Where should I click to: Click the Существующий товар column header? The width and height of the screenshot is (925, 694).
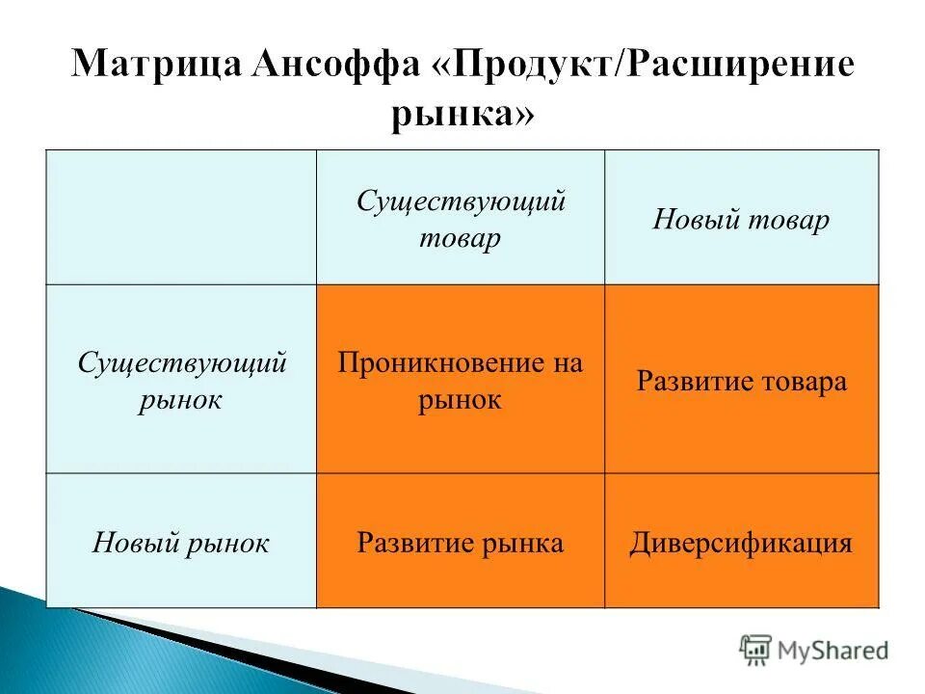point(461,219)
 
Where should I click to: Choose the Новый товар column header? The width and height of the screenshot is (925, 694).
point(741,220)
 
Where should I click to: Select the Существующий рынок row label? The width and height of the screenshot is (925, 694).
point(181,381)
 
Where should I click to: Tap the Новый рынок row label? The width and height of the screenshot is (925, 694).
point(180,543)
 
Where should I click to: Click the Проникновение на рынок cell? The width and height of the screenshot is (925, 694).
point(461,381)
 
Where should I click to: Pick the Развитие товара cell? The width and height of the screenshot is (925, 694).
point(741,382)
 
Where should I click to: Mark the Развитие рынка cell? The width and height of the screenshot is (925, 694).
point(461,543)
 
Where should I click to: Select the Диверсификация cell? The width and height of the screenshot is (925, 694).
point(741,543)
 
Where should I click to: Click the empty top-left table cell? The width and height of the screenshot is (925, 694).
point(181,218)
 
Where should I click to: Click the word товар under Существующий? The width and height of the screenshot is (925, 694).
point(461,237)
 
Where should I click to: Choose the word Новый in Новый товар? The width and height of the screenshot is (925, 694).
point(693,220)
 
